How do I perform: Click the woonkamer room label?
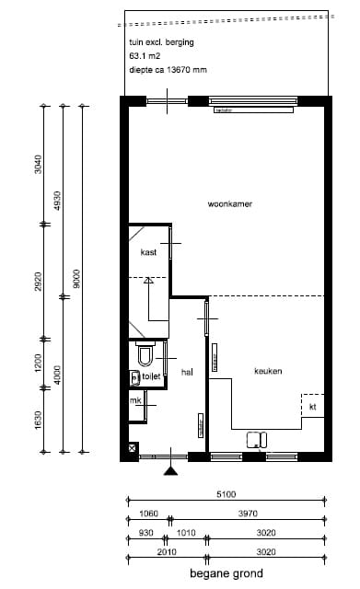230,204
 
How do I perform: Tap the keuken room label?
268,371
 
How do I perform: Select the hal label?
187,372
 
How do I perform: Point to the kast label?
148,252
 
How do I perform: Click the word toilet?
151,375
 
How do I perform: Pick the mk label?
135,400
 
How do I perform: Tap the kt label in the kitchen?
313,406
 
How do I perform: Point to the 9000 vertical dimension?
77,279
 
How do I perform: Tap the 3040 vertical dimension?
38,165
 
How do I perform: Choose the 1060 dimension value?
146,514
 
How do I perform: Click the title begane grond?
226,573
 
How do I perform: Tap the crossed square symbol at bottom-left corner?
134,448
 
